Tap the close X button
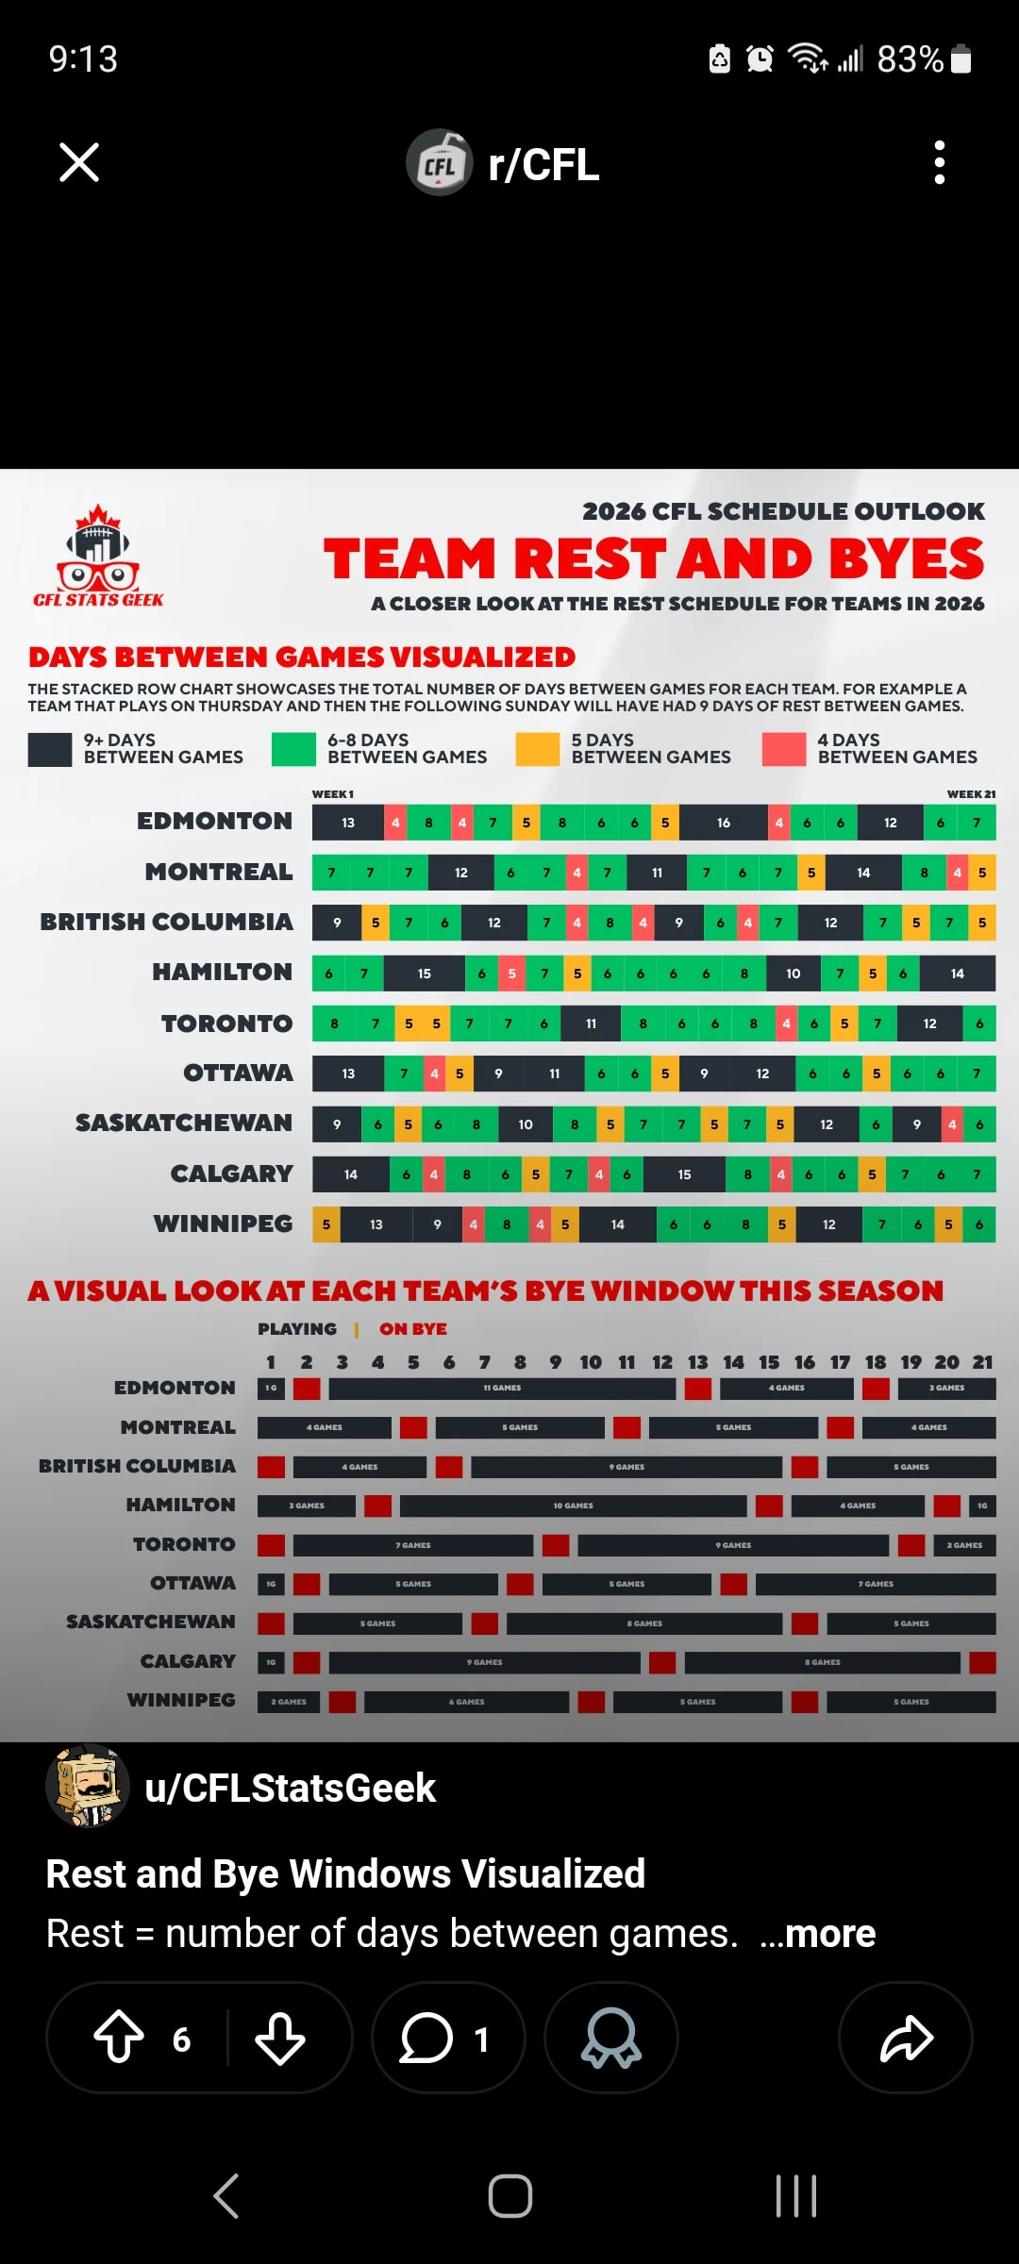[x=79, y=162]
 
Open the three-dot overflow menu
[x=939, y=162]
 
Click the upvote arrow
[x=119, y=2038]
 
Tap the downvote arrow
[x=280, y=2038]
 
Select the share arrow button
[x=906, y=2038]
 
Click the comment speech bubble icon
[x=426, y=2038]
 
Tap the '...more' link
[x=818, y=1934]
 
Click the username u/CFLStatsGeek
[x=290, y=1788]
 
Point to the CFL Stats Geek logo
[x=98, y=557]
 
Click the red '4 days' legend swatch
[x=784, y=749]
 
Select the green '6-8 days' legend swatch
[x=293, y=749]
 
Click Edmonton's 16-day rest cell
[x=724, y=823]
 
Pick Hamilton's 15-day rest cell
[x=425, y=974]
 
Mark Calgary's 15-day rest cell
[x=684, y=1174]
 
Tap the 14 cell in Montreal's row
[x=863, y=873]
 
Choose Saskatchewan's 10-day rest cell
[x=526, y=1124]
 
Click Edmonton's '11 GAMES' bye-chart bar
[x=502, y=1389]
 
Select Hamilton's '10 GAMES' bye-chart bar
[x=574, y=1506]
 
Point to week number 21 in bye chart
[x=982, y=1362]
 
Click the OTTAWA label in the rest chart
[x=238, y=1074]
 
